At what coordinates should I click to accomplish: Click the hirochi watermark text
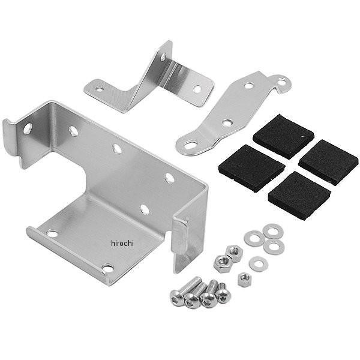tap(122, 243)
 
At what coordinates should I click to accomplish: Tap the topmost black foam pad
tap(283, 136)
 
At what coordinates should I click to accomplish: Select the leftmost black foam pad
tap(251, 167)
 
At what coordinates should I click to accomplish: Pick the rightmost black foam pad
tap(329, 161)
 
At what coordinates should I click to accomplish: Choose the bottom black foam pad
tap(299, 195)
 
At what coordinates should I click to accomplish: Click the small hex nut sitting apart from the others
tap(244, 280)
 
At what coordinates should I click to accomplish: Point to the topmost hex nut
tap(234, 253)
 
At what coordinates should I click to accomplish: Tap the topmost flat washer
tap(273, 231)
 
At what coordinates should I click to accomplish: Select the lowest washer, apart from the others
tap(259, 264)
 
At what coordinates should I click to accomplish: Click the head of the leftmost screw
tap(177, 298)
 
